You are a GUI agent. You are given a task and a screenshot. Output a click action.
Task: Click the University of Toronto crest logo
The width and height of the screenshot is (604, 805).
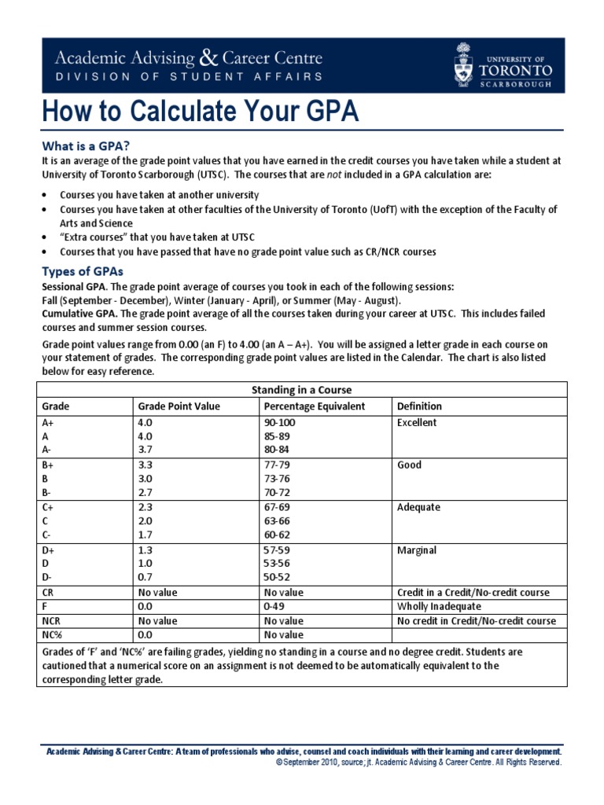click(x=465, y=65)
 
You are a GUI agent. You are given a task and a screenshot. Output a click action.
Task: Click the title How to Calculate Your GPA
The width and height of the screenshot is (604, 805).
click(x=201, y=112)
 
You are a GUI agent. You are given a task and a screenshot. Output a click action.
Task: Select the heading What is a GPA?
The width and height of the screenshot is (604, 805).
click(x=86, y=145)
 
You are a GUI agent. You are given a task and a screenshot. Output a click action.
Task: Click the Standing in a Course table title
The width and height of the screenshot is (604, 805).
click(x=301, y=390)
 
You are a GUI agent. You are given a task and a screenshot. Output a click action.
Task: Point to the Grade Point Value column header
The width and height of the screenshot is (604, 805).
click(x=179, y=406)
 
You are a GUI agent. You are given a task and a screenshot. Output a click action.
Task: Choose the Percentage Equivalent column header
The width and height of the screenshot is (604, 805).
click(x=315, y=406)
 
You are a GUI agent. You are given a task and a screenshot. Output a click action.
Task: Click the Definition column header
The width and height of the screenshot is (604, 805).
click(x=419, y=406)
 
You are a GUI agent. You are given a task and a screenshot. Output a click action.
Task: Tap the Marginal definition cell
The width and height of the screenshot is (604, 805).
click(x=418, y=550)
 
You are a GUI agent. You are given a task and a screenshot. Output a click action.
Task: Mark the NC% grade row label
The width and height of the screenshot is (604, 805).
click(x=52, y=634)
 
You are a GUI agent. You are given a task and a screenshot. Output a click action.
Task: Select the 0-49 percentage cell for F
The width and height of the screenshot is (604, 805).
click(x=274, y=607)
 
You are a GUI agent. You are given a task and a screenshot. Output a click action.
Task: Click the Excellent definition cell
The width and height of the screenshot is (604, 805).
click(x=418, y=423)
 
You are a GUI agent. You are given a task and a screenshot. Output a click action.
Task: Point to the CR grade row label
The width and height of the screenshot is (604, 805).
click(x=48, y=592)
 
